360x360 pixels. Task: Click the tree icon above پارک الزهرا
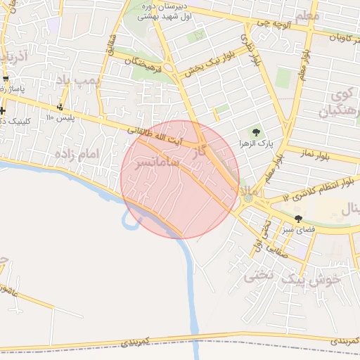click(x=256, y=131)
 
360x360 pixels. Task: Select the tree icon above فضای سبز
click(x=299, y=219)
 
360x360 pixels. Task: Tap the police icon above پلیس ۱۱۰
click(x=60, y=108)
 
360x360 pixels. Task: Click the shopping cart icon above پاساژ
click(x=6, y=78)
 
